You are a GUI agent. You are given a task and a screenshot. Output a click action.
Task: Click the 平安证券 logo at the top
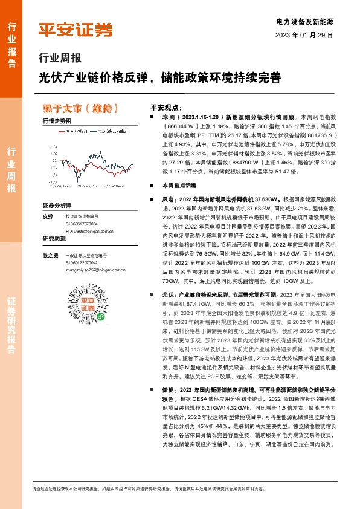[x=76, y=30]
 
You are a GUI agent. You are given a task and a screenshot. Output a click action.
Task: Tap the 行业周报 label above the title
[x=59, y=59]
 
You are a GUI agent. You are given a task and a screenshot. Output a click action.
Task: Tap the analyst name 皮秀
[x=48, y=216]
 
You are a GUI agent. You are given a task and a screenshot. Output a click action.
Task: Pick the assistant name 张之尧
[x=51, y=255]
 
